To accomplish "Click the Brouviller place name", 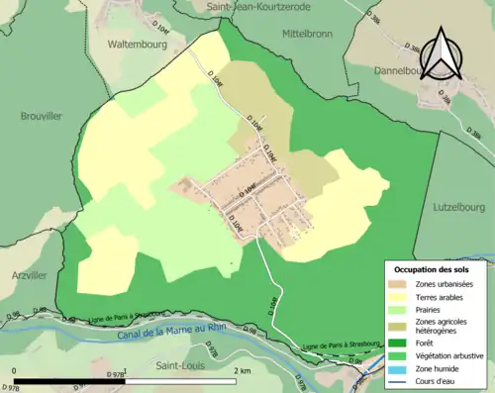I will (41, 116).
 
